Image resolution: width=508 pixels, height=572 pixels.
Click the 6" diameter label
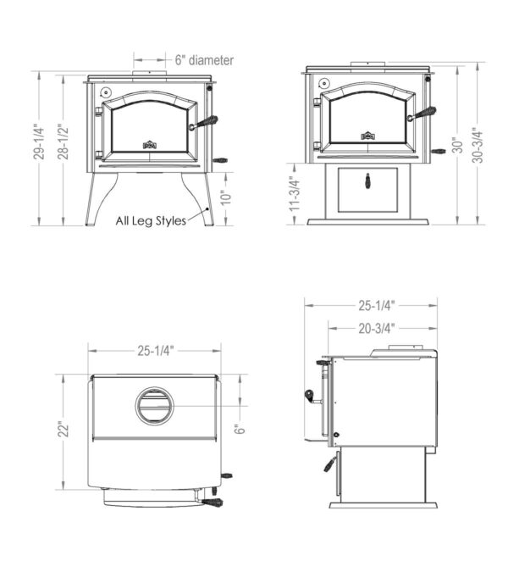[204, 60]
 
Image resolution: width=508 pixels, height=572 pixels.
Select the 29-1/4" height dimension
[39, 142]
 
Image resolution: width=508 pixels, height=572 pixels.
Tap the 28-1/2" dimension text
[63, 142]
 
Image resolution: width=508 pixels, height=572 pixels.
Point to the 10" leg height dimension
[226, 197]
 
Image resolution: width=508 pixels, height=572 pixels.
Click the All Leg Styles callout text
[151, 220]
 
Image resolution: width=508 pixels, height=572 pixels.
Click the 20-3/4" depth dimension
[377, 328]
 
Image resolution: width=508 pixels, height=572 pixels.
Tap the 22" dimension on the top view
[64, 430]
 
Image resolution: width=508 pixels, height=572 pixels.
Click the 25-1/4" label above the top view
[156, 351]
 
